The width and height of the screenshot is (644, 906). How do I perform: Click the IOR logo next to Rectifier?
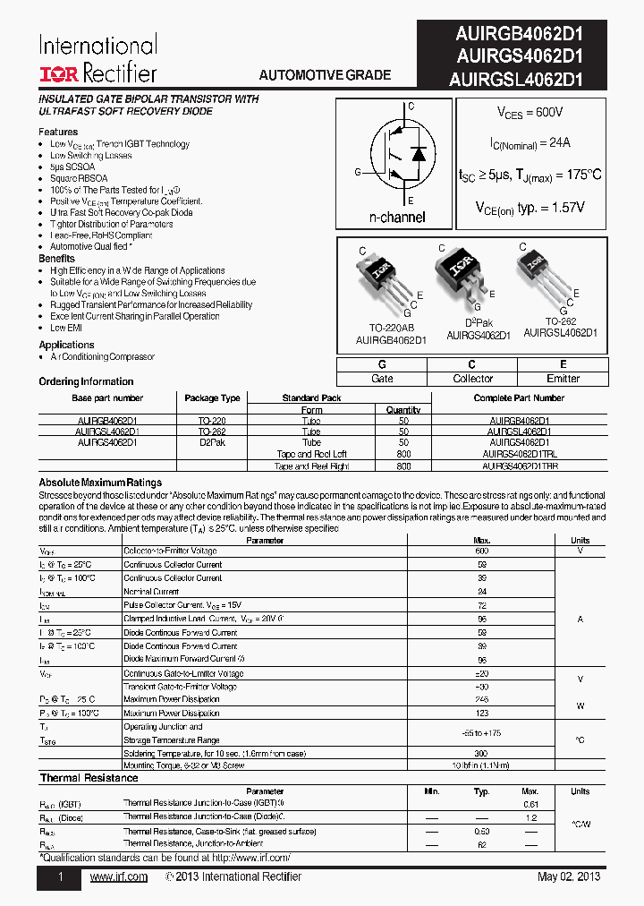59,73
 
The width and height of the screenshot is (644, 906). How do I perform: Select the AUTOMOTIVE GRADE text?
325,75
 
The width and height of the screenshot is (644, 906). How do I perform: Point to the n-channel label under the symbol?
397,218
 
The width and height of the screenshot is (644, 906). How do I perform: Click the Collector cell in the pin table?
473,379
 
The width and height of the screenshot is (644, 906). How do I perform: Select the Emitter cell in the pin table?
563,379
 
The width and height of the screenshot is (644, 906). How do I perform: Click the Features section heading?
58,132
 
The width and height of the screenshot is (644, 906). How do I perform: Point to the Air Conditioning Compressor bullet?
102,356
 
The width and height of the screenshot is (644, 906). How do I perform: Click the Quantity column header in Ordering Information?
403,410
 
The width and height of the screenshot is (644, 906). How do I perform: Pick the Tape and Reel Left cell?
310,454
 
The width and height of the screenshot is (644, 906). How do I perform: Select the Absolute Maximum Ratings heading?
100,483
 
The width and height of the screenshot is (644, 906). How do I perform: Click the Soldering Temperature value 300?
481,754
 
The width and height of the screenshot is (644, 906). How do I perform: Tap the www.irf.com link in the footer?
119,876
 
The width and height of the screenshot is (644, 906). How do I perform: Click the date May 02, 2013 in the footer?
569,876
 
